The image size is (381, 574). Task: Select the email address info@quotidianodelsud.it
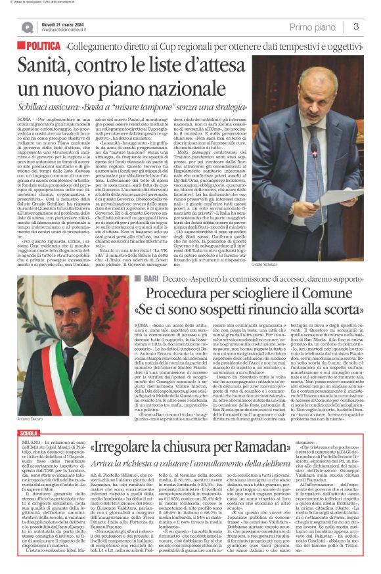tap(66, 30)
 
